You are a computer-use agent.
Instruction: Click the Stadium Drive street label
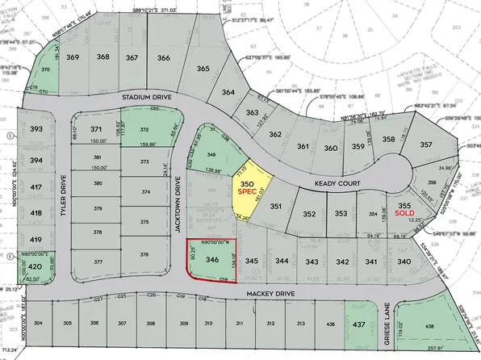pyautogui.click(x=148, y=96)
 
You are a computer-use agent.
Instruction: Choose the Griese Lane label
pyautogui.click(x=388, y=323)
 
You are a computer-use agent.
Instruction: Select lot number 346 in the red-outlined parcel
pyautogui.click(x=212, y=260)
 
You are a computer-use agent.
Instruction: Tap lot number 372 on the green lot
pyautogui.click(x=144, y=129)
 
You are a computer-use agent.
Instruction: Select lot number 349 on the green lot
pyautogui.click(x=212, y=153)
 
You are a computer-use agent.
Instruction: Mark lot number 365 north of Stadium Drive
pyautogui.click(x=203, y=69)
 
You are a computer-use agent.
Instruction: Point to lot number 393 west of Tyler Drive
pyautogui.click(x=35, y=129)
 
